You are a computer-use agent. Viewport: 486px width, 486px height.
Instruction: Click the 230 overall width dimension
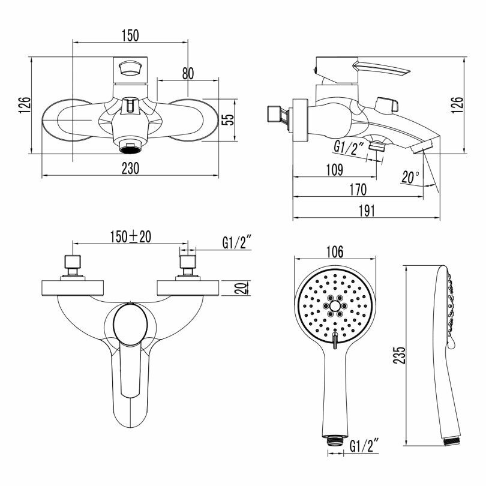tap(130, 169)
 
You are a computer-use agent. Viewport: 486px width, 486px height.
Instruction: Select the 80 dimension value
tap(188, 73)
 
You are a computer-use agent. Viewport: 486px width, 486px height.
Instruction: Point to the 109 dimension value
tap(335, 170)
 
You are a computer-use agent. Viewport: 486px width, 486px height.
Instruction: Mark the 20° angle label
tap(411, 177)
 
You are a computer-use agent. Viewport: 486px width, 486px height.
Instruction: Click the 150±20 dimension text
tap(130, 236)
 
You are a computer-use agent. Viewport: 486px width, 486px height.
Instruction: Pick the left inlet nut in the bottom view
tap(73, 262)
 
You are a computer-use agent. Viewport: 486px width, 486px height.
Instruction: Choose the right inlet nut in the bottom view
tap(188, 262)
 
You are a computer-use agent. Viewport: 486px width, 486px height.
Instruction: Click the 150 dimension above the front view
tap(130, 35)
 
